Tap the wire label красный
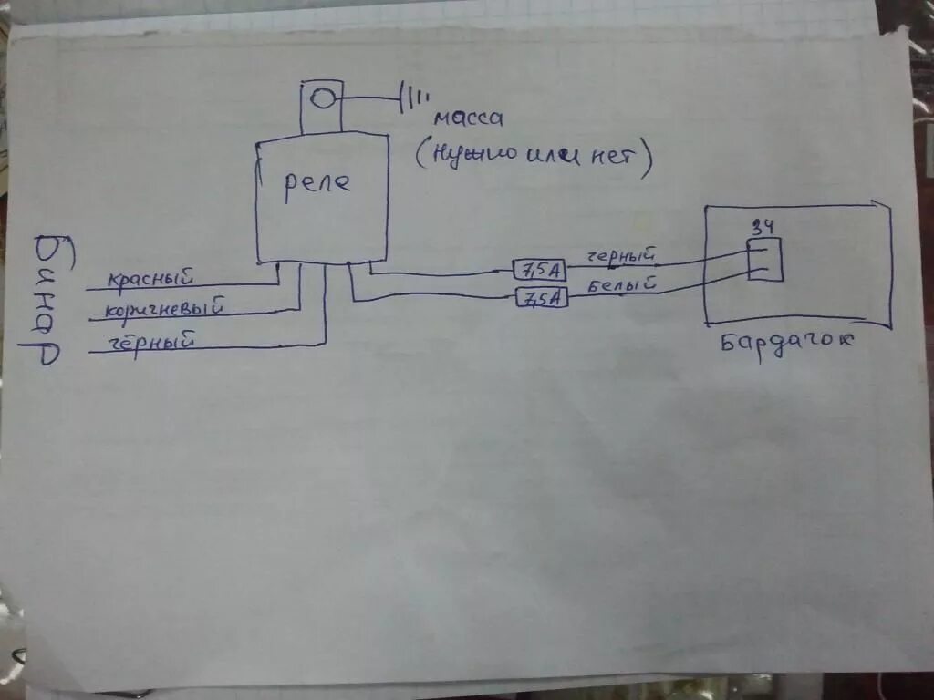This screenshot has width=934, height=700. [150, 277]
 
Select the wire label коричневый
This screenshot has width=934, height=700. [165, 310]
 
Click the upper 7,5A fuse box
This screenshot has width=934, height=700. [541, 269]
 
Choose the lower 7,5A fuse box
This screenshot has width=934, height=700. [541, 297]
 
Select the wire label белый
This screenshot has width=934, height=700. [623, 285]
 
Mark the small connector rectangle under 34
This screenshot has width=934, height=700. [764, 259]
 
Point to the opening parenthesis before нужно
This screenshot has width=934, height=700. [422, 157]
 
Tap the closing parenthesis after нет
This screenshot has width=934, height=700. [648, 161]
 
